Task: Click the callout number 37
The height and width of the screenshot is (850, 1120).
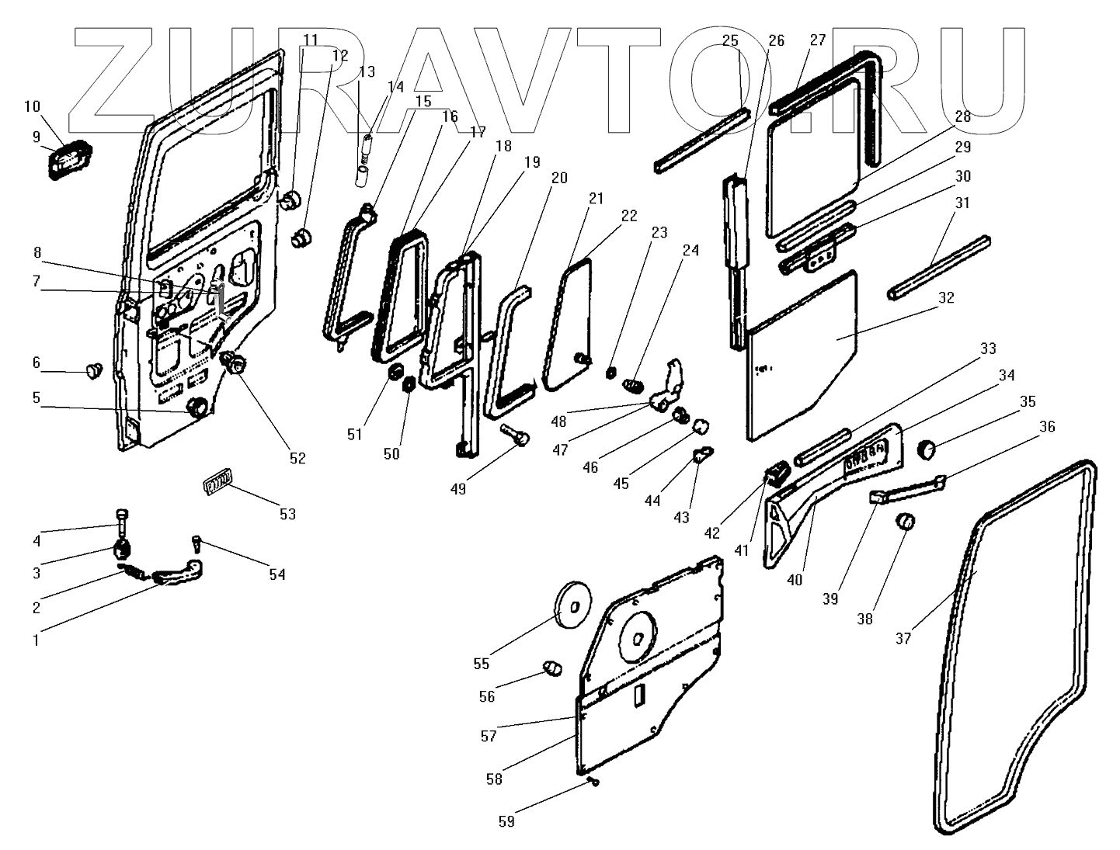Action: coord(903,639)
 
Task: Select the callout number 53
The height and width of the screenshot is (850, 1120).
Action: coord(287,514)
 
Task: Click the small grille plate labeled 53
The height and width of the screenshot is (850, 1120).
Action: coord(217,484)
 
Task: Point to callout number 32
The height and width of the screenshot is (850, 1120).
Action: coord(946,297)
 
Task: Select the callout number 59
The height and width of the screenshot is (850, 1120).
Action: coord(506,821)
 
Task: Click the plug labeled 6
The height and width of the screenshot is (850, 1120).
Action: coord(93,370)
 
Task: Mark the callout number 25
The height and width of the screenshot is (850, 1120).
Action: coord(730,40)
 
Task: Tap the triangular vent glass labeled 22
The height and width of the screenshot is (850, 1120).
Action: coord(567,326)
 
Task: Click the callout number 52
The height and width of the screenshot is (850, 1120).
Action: coord(297,458)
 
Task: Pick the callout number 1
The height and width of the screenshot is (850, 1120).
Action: coord(35,640)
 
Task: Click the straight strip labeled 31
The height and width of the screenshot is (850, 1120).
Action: coord(940,264)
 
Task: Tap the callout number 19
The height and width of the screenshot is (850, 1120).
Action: coord(531,162)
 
